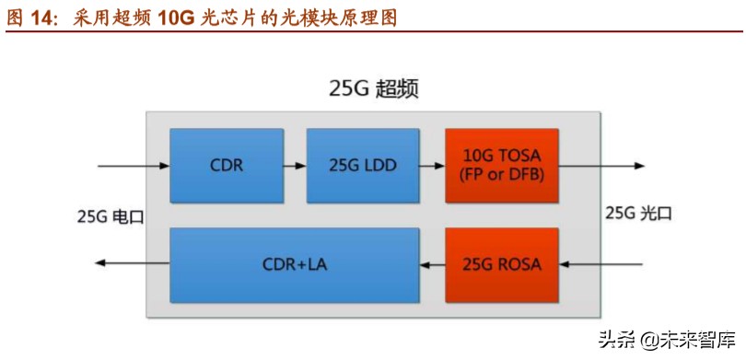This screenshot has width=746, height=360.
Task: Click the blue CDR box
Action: coord(226,166)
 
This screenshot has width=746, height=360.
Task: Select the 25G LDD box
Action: coord(361,166)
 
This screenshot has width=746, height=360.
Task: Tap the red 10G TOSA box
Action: coord(501,166)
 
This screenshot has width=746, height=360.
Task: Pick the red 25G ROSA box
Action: coord(501,265)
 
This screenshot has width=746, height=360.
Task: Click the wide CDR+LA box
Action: coord(295,265)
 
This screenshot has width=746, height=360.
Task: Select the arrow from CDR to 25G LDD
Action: coord(295,167)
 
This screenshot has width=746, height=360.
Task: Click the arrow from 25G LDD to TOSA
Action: coord(431,167)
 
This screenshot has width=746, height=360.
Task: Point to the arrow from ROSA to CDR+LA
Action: coord(431,265)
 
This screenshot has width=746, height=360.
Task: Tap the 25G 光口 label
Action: coord(638,215)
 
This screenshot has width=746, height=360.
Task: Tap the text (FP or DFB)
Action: coord(501,175)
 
